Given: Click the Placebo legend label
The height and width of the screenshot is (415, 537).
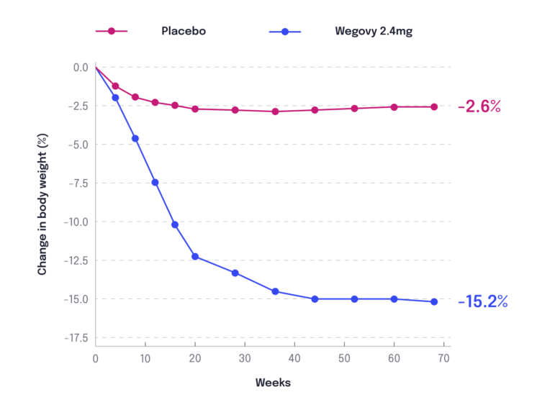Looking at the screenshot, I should (x=183, y=32).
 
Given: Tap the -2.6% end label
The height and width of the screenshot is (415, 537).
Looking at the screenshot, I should (x=479, y=106).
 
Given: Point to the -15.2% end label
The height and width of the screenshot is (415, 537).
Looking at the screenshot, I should (x=483, y=302).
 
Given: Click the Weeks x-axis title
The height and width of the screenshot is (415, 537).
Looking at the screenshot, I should (x=273, y=383).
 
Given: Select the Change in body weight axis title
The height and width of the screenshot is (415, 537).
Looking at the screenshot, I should (x=42, y=204).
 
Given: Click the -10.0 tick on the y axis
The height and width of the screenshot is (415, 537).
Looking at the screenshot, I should (x=75, y=222).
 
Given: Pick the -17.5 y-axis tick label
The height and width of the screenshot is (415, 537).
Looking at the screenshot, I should (x=75, y=337).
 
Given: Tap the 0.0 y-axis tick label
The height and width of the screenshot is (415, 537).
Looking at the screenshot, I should (x=80, y=68).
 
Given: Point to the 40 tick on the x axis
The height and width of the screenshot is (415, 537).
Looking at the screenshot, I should (x=294, y=358).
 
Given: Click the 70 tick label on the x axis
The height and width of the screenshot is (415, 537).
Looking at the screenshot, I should (x=443, y=358).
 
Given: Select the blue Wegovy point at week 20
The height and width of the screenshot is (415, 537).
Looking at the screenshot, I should (x=195, y=256).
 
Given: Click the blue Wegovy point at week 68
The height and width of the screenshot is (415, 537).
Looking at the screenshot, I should (x=434, y=302).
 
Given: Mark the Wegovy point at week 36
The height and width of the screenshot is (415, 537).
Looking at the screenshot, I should (x=275, y=291).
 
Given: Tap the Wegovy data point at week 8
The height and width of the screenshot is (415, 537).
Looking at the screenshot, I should (x=135, y=138).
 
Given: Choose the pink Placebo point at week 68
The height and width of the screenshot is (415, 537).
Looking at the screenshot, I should (x=434, y=107).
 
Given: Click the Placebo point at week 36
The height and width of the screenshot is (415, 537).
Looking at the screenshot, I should (x=275, y=111).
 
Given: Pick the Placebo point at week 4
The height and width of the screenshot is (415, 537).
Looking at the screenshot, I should (x=115, y=86).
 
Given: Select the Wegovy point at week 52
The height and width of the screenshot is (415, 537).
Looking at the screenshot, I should (x=354, y=298).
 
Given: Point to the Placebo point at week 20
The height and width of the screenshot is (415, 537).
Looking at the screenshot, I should (x=195, y=109).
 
